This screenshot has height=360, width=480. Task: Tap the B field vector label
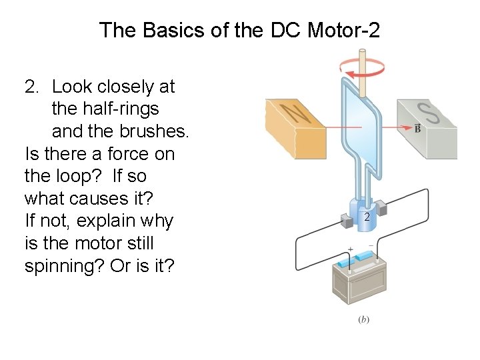point(418,128)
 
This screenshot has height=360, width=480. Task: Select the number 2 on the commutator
point(366,217)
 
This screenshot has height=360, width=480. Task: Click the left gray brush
point(347,219)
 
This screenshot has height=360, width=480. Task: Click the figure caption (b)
point(364,319)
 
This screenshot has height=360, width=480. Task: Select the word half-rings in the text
point(115,109)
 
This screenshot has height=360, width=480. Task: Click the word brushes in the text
point(153,131)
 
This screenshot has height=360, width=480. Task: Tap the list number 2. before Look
point(33,87)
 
